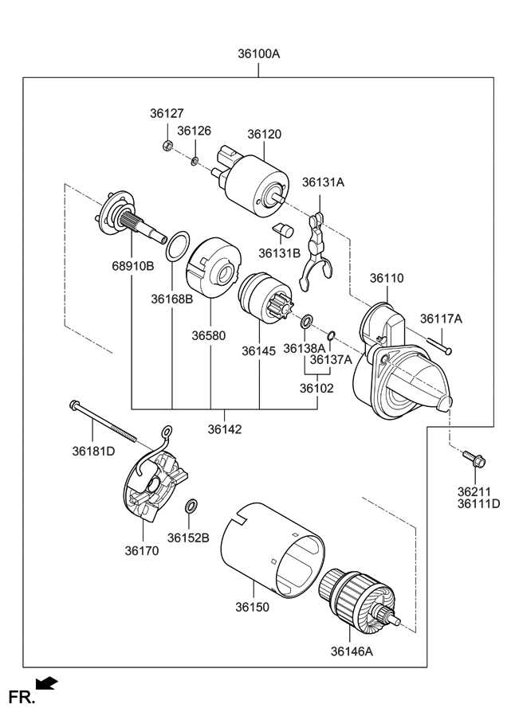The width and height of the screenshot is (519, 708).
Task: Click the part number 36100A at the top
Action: point(258,55)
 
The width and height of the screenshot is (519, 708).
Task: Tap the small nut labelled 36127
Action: point(168,146)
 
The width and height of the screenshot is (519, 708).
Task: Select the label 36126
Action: point(194,130)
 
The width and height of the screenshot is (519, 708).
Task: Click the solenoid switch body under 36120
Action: point(255,186)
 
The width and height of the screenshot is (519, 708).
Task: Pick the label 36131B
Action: point(279,253)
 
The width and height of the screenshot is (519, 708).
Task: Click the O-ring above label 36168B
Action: point(179,247)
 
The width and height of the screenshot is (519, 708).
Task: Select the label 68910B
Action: point(132,266)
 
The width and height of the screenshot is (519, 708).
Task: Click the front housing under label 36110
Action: point(399,366)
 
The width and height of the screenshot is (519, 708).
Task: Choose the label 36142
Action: point(225,429)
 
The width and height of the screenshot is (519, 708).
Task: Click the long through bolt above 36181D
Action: point(104,421)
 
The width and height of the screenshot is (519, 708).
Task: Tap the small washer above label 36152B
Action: point(191,507)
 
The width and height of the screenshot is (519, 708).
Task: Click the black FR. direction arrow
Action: point(48,682)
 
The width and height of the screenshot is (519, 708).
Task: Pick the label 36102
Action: point(317,389)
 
